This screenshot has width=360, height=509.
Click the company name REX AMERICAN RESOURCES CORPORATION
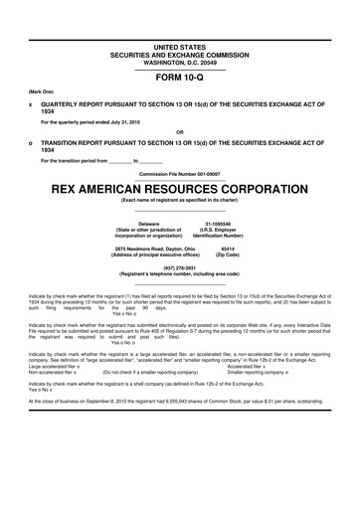click(x=179, y=185)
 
